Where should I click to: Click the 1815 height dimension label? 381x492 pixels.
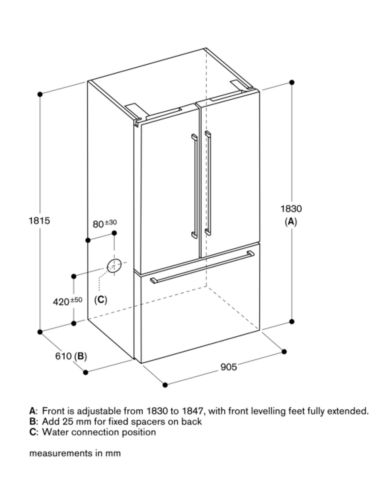(40, 220)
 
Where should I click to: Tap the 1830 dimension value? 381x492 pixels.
(291, 209)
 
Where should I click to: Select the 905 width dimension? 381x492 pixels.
(229, 367)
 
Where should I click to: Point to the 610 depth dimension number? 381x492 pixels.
(63, 356)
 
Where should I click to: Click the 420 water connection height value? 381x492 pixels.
(61, 302)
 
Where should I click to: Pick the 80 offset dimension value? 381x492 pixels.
(98, 224)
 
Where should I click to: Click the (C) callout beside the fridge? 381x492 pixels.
(100, 300)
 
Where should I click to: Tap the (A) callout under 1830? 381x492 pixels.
(291, 221)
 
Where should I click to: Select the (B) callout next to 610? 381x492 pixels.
(80, 356)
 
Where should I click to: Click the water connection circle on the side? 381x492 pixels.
(113, 266)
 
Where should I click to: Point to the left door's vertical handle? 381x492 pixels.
(195, 186)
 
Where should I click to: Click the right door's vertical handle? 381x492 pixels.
(208, 183)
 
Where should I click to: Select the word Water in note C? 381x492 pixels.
(55, 432)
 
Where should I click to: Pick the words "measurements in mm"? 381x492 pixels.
(75, 453)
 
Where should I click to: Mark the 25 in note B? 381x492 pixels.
(68, 421)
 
